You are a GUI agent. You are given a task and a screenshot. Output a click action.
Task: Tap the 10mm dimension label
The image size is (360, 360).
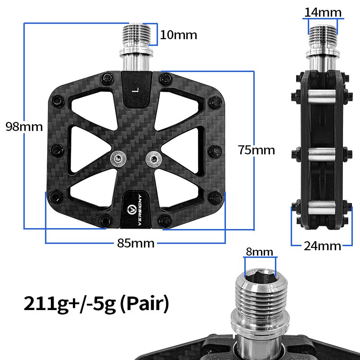178,35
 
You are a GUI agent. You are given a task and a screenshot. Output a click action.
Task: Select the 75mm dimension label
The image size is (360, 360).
256,150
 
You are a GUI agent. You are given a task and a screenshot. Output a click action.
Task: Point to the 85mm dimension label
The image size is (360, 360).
135,243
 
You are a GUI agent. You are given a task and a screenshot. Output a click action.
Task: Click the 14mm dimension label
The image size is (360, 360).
323,12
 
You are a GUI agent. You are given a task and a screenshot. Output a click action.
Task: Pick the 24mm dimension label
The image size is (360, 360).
322,246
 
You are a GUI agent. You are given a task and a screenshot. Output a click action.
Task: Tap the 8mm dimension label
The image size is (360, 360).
259,252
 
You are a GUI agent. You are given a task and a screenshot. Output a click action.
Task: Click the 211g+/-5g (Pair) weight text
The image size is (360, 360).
96,304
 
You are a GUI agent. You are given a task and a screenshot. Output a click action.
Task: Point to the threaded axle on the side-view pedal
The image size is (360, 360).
323,32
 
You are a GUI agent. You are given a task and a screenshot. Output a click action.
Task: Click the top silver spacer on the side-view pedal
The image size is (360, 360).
322,95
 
